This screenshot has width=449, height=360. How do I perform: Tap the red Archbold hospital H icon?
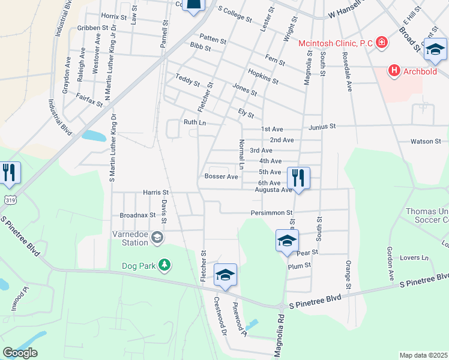394,71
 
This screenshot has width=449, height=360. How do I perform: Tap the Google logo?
20,353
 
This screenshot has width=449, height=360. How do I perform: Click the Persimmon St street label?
271,213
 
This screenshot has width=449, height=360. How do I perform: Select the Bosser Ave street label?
221,176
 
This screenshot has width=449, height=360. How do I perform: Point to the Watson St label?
426,142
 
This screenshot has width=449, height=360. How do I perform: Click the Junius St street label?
322,127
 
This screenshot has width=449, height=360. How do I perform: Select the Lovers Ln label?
416,258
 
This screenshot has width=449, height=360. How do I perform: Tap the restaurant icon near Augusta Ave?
298,178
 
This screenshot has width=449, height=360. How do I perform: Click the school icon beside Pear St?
288,241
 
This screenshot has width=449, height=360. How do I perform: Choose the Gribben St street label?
92,28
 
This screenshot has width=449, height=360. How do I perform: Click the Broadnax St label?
137,214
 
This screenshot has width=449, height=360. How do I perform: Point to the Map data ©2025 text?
423,355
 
